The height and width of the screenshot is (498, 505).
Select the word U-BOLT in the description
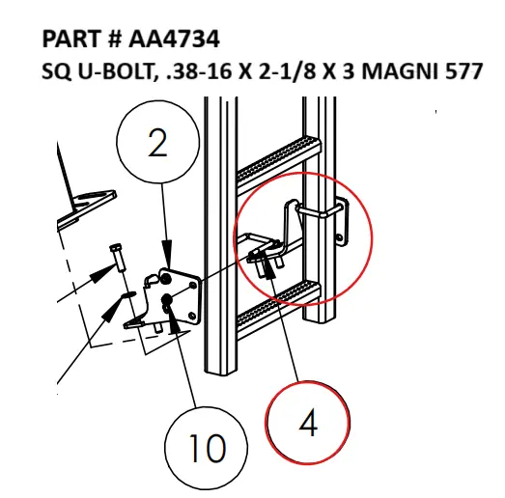pyautogui.click(x=114, y=71)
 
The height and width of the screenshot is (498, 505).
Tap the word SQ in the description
pyautogui.click(x=59, y=71)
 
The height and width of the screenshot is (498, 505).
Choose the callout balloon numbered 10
pyautogui.click(x=205, y=447)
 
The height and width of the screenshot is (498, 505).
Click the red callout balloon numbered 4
pyautogui.click(x=306, y=424)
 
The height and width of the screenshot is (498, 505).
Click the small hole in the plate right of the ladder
pyautogui.click(x=339, y=235)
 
